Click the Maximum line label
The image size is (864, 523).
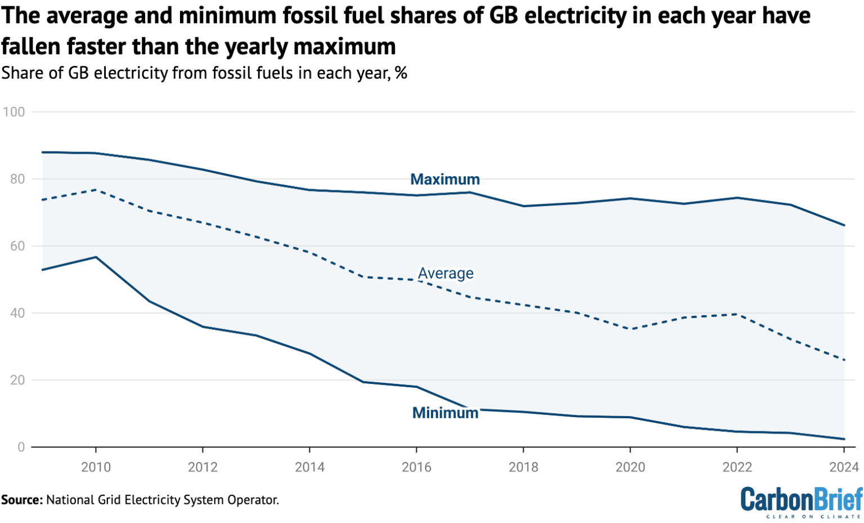point(445,180)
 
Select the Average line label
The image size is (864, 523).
point(445,274)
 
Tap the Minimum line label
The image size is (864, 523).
point(445,413)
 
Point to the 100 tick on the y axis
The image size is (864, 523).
point(13,112)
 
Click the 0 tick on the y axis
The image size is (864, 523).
point(21,447)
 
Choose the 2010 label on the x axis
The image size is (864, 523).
point(96,467)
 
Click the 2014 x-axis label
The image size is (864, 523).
point(309,467)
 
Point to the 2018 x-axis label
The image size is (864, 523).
point(523,467)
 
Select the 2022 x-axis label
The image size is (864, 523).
point(737,467)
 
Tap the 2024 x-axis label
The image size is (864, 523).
point(843,467)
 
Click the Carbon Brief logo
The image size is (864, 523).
point(801,501)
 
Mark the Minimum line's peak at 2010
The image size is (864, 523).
point(96,257)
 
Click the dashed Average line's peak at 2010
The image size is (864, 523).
point(96,190)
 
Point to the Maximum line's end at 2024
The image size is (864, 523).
point(844,225)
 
